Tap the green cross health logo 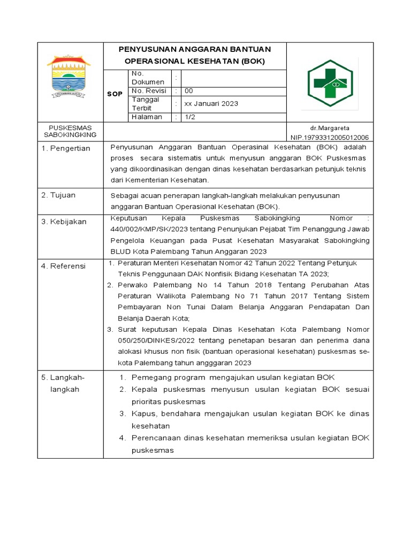click(x=330, y=83)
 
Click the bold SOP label click(x=115, y=94)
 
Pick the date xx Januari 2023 click(x=211, y=104)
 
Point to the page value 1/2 click(x=189, y=117)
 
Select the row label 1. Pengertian click(x=66, y=148)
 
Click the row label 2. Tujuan click(x=58, y=195)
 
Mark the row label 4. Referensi click(x=64, y=266)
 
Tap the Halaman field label click(x=147, y=117)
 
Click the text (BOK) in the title click(x=253, y=61)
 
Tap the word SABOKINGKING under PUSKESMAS click(x=70, y=135)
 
